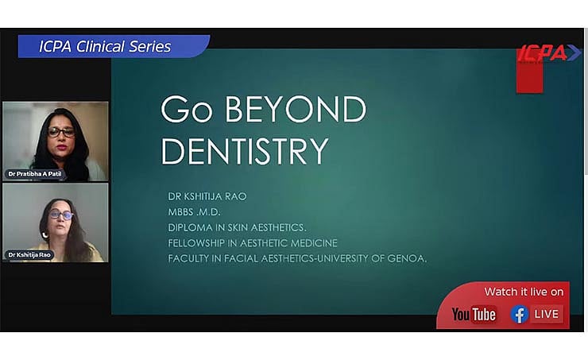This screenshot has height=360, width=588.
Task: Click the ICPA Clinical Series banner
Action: [x=105, y=47]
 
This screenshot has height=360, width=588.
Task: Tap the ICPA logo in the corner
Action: [x=548, y=54]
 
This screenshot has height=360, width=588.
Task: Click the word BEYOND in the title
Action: [x=295, y=110]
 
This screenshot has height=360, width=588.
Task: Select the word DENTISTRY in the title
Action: [x=245, y=151]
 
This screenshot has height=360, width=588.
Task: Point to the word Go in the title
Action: [x=187, y=110]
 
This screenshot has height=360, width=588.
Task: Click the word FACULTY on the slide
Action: [x=191, y=258]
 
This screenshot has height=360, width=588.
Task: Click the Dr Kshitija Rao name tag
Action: [x=29, y=255]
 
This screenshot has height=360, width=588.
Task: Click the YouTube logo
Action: [x=474, y=315]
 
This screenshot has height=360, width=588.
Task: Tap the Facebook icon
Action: [x=520, y=315]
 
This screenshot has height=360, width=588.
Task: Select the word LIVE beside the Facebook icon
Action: [x=547, y=315]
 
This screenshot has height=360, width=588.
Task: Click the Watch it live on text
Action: [x=524, y=292]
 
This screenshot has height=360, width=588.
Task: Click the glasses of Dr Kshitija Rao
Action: [x=60, y=215]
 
